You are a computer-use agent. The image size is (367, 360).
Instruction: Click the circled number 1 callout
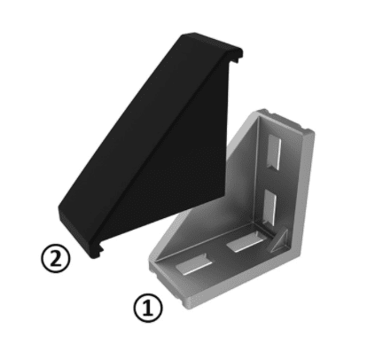(x=148, y=308)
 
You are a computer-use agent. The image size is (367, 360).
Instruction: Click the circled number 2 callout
(x=56, y=258)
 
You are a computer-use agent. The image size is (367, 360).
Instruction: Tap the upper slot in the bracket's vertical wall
(x=273, y=153)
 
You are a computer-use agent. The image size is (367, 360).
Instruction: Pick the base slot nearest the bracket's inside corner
(x=245, y=243)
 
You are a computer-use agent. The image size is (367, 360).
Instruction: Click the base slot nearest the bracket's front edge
(x=194, y=263)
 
